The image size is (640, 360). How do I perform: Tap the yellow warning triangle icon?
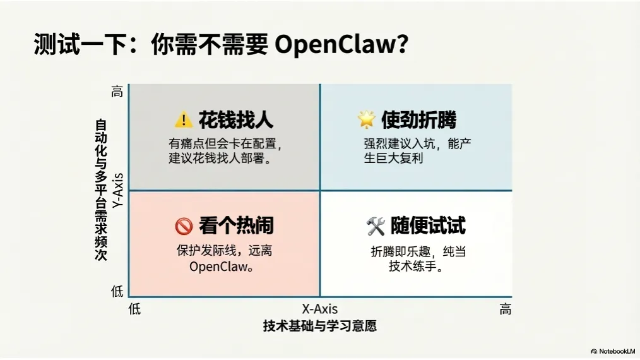183,119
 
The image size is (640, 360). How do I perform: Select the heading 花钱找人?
236,119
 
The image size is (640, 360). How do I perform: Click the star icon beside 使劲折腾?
366,119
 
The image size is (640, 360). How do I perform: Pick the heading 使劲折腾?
418,119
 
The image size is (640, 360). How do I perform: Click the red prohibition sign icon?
183,225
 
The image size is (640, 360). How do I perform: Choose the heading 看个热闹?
236,225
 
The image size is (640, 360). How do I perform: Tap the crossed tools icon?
375,225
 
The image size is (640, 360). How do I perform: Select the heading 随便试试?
428,225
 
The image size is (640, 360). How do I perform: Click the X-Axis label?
319,309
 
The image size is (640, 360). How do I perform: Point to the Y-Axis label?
117,190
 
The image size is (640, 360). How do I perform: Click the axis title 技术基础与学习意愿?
319,327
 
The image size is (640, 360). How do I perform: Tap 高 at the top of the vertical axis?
117,92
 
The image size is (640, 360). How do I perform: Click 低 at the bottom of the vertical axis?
117,291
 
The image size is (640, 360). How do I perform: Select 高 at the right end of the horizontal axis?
505,309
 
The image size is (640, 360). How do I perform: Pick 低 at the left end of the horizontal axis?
134,309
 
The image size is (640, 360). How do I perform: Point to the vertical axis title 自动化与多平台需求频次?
101,190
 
